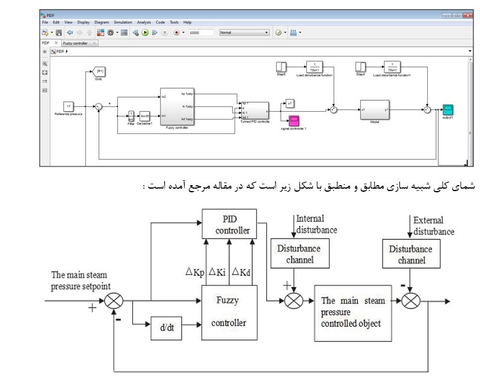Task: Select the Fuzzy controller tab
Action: point(76,43)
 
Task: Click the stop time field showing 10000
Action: point(202,32)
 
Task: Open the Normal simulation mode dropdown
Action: point(244,32)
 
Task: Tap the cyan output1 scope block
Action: point(447,109)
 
